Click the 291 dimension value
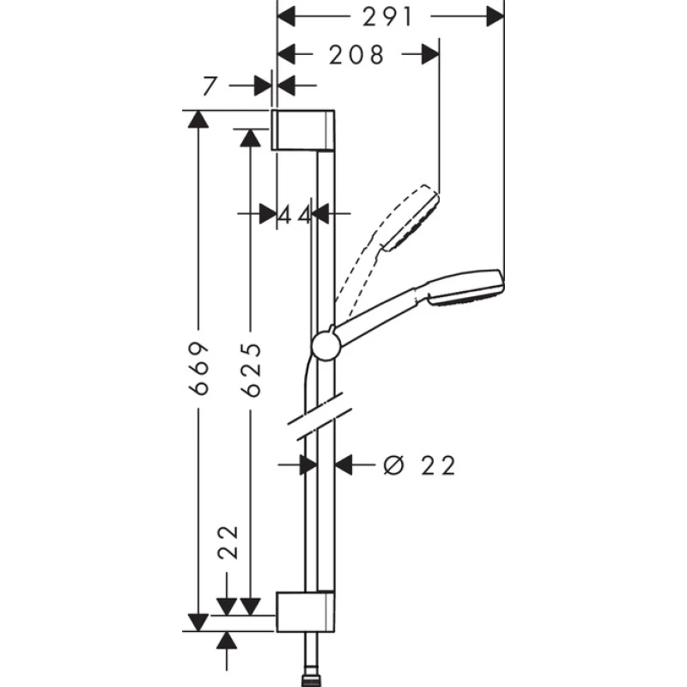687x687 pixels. tap(388, 17)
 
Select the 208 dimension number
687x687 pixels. tap(356, 55)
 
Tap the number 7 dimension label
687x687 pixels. tap(210, 87)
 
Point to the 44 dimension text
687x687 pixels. tap(295, 215)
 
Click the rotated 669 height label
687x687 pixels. tap(198, 368)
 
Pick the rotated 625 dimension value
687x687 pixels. tap(251, 370)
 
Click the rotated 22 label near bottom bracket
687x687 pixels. tap(228, 542)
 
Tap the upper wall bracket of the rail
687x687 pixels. tap(303, 131)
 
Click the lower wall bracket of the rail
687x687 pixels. tap(306, 611)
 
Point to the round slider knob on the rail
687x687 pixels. tap(325, 346)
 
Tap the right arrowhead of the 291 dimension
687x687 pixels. tap(495, 17)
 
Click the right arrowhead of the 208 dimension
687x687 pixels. tap(431, 54)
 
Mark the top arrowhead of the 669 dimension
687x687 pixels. tap(198, 119)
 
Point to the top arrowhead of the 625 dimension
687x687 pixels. tap(251, 138)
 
